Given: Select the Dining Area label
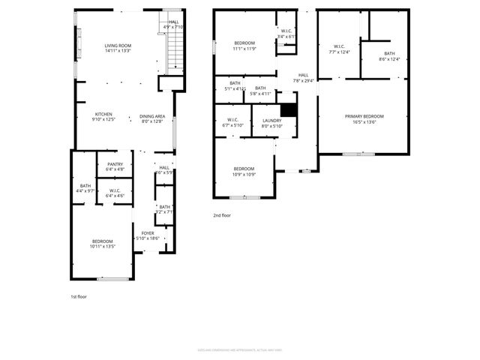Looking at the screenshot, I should tap(152, 118).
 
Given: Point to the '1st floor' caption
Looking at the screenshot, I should tap(78, 297).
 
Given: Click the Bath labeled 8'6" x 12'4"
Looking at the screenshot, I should tap(389, 56).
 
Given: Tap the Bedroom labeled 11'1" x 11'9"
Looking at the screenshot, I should tap(244, 46).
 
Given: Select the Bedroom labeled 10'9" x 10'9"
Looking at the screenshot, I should tap(244, 171).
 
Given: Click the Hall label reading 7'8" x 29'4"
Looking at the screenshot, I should tap(303, 78).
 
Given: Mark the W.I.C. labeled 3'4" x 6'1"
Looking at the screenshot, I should tap(286, 34).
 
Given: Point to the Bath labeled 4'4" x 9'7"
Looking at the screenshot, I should tap(85, 188).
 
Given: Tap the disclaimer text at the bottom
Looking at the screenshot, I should tap(239, 349).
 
